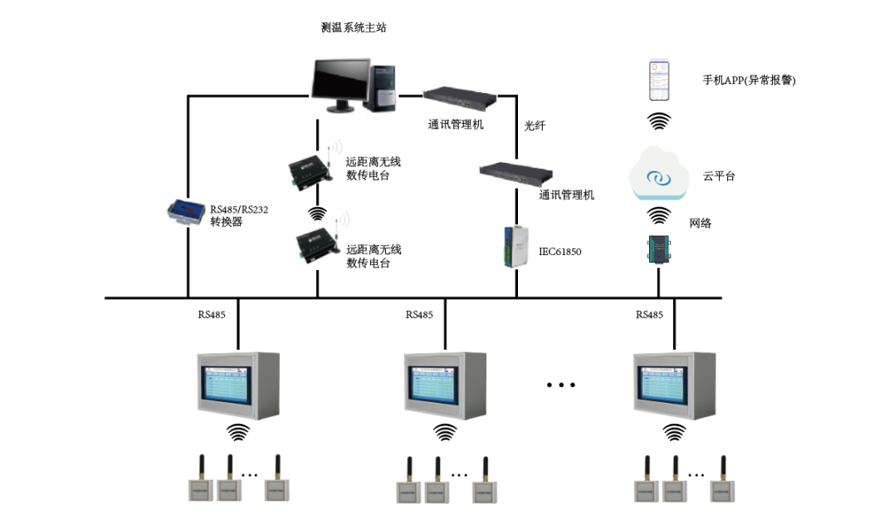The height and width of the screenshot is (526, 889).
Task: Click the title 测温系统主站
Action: click(354, 27)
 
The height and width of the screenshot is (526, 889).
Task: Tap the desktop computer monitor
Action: click(340, 83)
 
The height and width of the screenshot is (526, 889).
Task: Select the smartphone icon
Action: click(659, 79)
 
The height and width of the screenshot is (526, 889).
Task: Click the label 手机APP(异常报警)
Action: click(749, 81)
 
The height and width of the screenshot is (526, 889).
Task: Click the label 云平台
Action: click(719, 176)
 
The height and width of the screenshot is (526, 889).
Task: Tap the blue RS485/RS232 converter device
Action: click(185, 211)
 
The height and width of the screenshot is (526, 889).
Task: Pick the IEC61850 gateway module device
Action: click(515, 246)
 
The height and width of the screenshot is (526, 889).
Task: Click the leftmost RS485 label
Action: click(212, 315)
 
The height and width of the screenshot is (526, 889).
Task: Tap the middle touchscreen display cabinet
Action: click(444, 385)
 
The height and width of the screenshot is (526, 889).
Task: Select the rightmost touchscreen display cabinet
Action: click(673, 385)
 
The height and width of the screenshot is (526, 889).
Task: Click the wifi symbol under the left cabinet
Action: click(238, 432)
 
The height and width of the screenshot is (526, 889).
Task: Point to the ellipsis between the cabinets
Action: click(561, 385)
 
